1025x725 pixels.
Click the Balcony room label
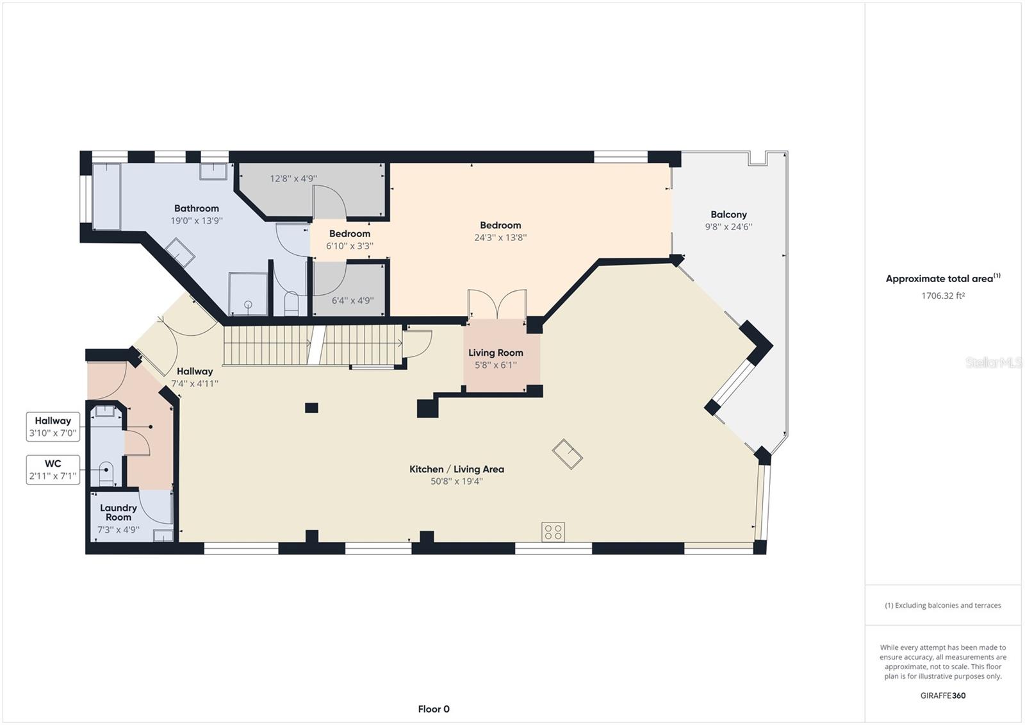pos(728,215)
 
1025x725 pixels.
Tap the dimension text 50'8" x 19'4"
pos(456,481)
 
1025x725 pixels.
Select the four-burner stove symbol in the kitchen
pos(553,532)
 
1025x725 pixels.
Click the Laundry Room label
pos(119,512)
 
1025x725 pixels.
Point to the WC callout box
pos(53,469)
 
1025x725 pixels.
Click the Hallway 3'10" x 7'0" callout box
pos(53,427)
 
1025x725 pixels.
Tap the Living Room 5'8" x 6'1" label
pos(495,358)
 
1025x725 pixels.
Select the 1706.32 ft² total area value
pos(942,296)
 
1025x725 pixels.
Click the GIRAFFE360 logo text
pos(942,696)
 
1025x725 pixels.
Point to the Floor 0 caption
pos(434,709)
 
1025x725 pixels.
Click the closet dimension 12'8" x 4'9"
pos(293,179)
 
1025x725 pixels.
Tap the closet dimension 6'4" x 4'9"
pos(352,300)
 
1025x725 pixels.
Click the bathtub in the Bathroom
pos(106,196)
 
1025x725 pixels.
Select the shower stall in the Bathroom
pos(248,294)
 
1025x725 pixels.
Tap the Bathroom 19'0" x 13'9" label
pos(196,214)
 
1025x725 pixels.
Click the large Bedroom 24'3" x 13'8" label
pos(500,231)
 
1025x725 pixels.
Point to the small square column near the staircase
pos(311,408)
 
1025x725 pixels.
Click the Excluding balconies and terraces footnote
pos(942,605)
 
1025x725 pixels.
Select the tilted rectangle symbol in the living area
pos(568,454)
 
